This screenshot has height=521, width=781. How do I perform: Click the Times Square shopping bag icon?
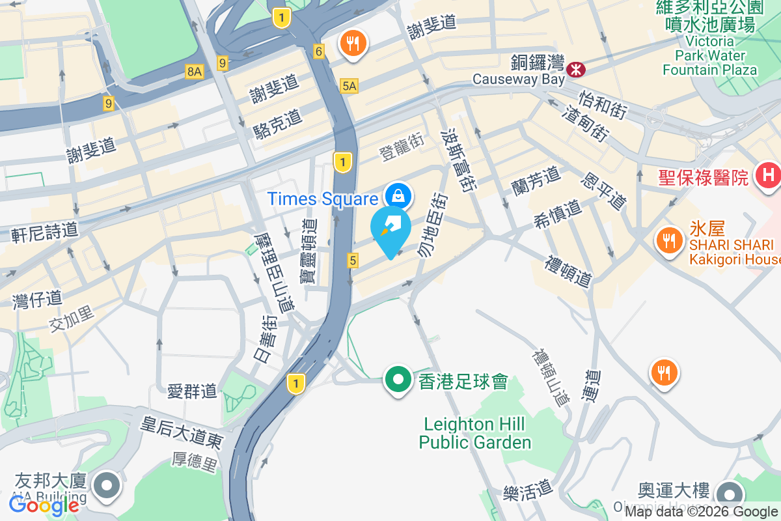coord(396,194)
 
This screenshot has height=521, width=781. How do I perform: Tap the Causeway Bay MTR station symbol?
coord(575,68)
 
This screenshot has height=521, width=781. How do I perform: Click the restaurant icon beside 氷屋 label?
coord(668,240)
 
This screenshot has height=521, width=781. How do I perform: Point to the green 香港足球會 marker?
coord(399,380)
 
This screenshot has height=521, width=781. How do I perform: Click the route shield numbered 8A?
coord(194,72)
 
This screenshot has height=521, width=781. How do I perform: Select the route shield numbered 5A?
coord(349,85)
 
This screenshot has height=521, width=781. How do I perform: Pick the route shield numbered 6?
coord(318,51)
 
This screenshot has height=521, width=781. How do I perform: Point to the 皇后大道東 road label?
coord(182,432)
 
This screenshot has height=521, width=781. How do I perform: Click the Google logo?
coord(44,505)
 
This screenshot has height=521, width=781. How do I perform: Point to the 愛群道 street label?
coord(192,391)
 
